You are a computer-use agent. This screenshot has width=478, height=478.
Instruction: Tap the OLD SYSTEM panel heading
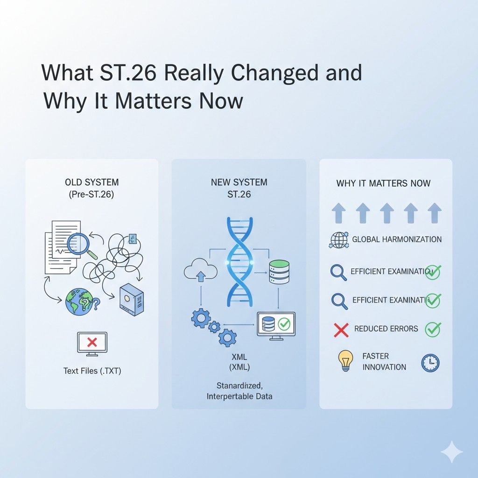91,183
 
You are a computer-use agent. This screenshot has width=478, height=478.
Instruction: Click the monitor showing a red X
92,343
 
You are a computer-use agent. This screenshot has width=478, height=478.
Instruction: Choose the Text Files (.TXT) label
91,371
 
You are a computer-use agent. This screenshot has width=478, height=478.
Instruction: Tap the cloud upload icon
201,273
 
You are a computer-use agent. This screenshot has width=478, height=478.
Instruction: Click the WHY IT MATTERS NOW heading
383,183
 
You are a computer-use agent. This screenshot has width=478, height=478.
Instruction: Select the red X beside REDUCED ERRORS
341,330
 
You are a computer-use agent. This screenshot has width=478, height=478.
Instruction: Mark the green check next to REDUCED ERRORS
433,329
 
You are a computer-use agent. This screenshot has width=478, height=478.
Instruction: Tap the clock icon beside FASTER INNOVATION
430,363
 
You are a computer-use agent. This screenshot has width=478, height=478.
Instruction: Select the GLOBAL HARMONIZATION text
396,239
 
